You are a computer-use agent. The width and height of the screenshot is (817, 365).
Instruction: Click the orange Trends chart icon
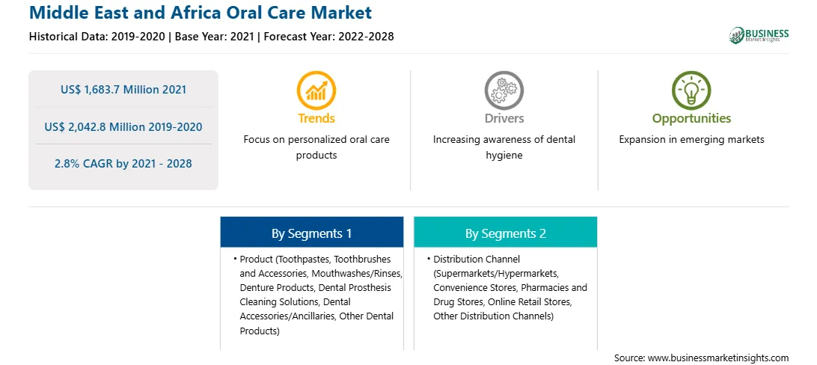pyautogui.click(x=316, y=91)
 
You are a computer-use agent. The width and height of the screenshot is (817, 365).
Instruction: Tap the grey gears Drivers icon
pyautogui.click(x=504, y=91)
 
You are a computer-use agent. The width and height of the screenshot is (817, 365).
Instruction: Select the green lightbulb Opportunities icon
pyautogui.click(x=691, y=91)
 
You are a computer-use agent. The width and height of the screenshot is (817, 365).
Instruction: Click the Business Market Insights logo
pyautogui.click(x=759, y=35)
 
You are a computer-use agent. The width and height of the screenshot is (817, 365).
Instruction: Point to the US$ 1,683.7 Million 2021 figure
pyautogui.click(x=123, y=89)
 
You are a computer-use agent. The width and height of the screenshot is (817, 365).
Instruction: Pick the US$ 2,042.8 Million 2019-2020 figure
pyautogui.click(x=123, y=126)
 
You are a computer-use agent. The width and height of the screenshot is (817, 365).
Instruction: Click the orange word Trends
pyautogui.click(x=316, y=118)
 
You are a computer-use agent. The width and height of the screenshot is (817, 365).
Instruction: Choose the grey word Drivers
pyautogui.click(x=504, y=118)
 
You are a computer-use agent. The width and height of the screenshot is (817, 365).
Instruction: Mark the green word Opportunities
pyautogui.click(x=691, y=119)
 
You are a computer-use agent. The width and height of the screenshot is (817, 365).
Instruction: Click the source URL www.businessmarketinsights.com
pyautogui.click(x=718, y=358)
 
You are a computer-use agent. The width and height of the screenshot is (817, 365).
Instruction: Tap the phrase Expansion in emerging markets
pyautogui.click(x=691, y=140)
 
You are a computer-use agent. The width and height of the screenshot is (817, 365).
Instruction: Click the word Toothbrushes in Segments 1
pyautogui.click(x=362, y=259)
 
